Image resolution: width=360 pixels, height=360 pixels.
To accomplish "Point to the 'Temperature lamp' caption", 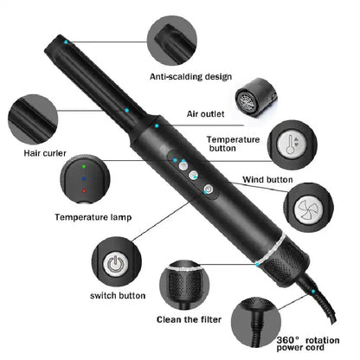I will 93,217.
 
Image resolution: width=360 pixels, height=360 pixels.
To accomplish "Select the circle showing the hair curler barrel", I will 32,119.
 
